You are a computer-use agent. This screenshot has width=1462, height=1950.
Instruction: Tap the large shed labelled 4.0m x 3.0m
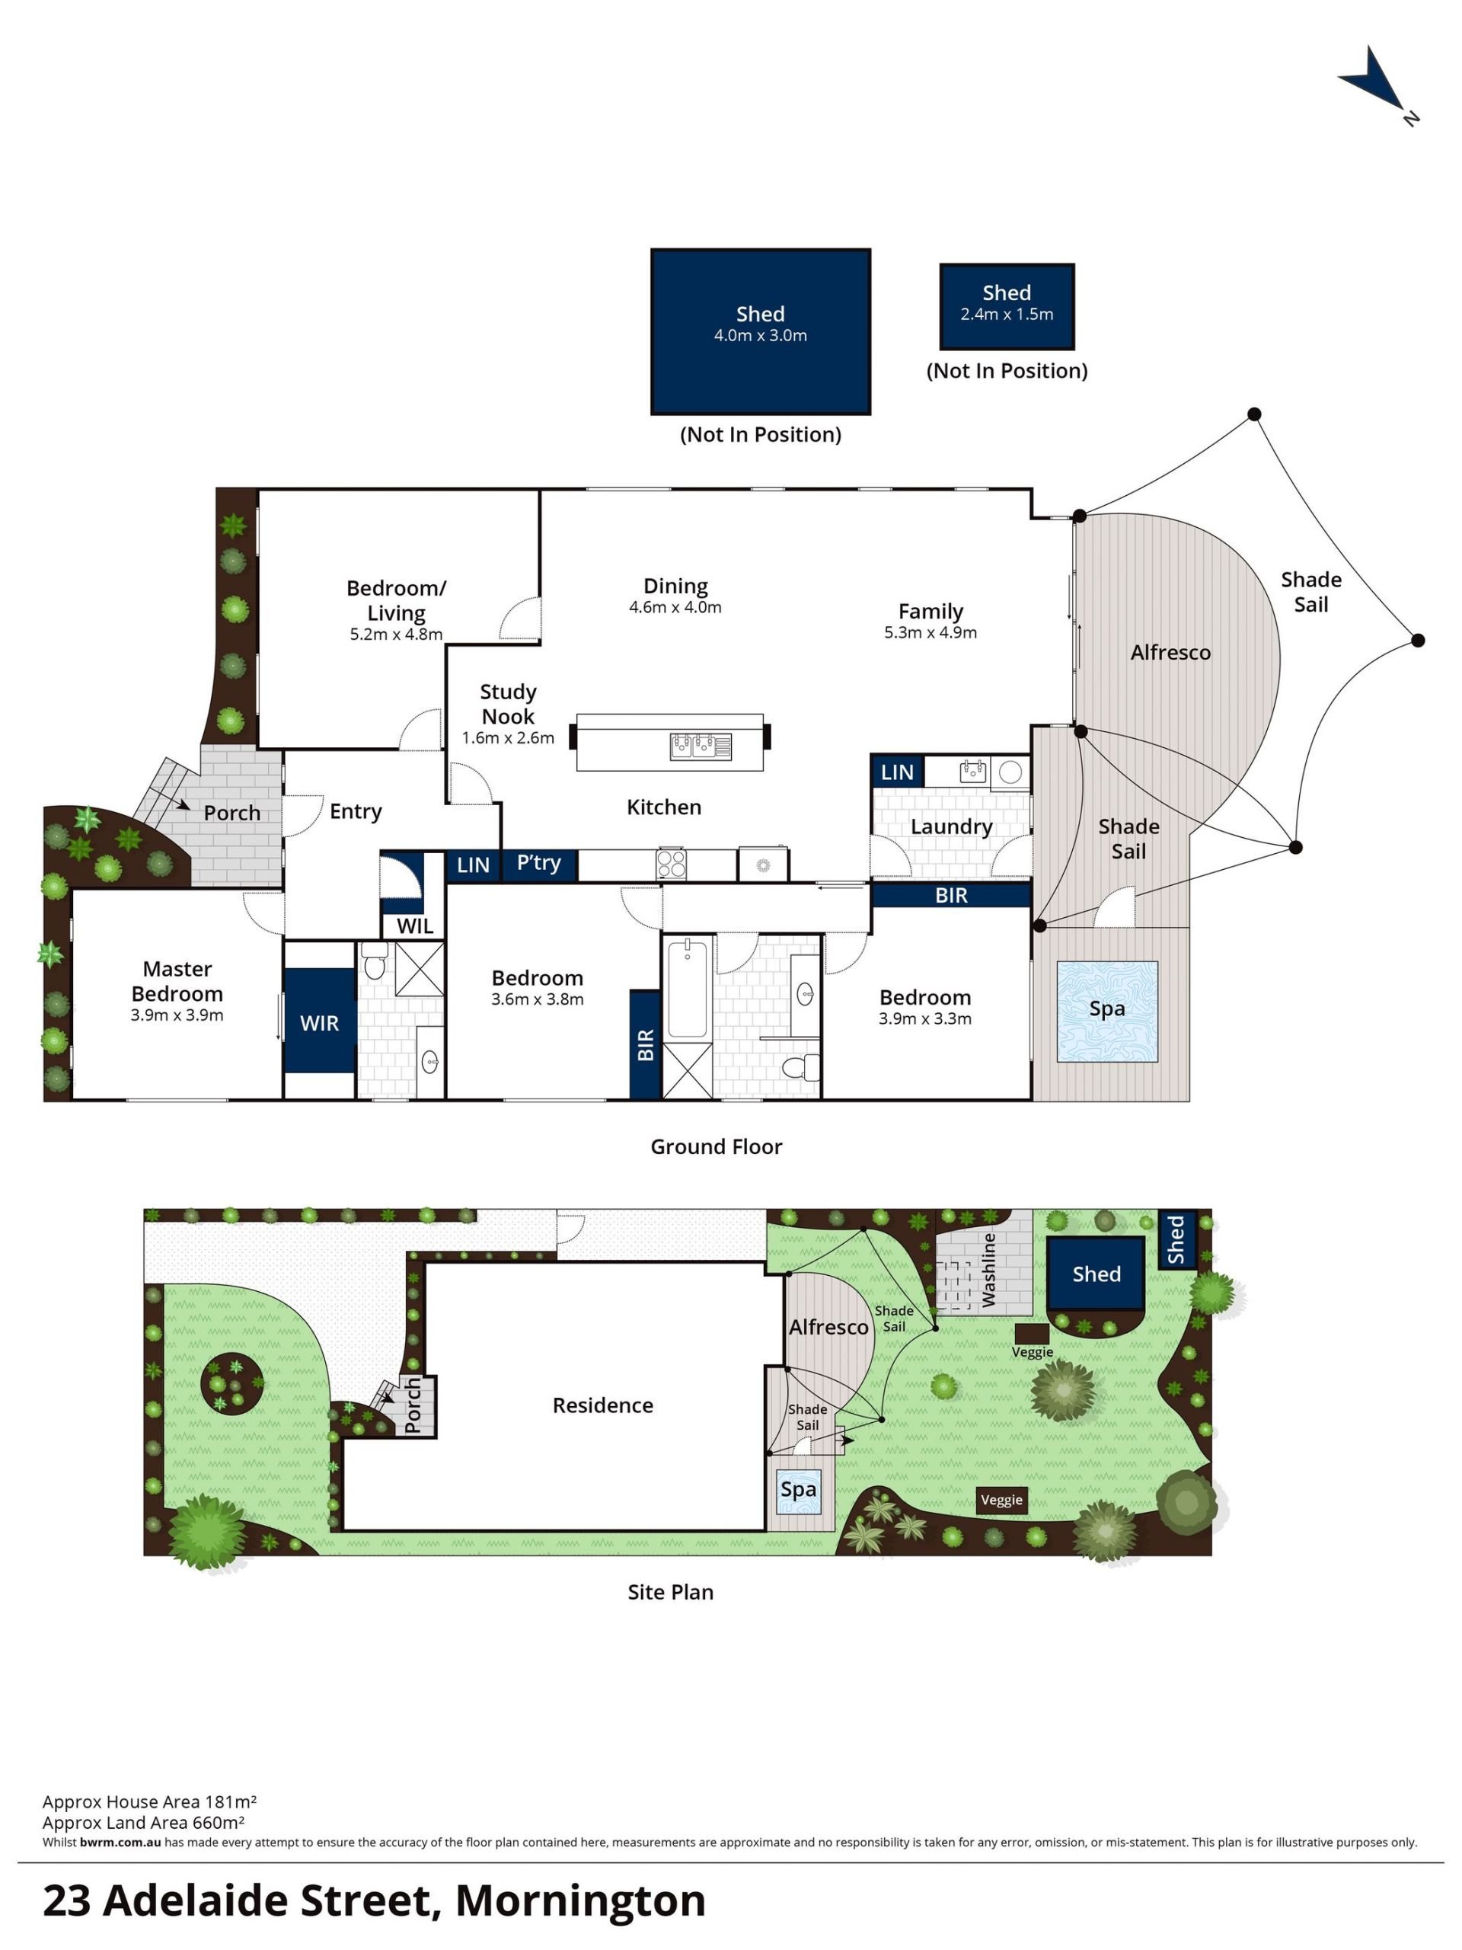761,331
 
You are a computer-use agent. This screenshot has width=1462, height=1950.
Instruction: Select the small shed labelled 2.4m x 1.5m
1007,306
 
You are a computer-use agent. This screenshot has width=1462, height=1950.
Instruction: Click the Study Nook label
508,705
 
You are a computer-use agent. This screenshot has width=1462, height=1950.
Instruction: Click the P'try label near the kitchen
538,863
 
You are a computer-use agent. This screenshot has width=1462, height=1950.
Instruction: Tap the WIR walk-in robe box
319,1021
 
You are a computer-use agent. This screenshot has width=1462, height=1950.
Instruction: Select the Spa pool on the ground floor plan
1107,1011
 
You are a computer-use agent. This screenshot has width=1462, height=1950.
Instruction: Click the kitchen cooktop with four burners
671,863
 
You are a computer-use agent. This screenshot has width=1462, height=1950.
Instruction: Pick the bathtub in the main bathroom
688,988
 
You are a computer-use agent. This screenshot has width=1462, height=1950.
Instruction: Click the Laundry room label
951,827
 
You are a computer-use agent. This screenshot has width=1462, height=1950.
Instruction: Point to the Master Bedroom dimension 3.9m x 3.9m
177,1015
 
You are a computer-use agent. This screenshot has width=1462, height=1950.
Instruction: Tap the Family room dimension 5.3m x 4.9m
931,632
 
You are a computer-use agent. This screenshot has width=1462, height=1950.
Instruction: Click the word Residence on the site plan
603,1405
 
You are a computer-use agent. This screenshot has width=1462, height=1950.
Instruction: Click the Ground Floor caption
717,1146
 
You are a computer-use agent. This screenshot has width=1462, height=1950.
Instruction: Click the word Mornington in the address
581,1900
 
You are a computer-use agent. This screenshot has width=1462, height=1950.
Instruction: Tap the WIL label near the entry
415,925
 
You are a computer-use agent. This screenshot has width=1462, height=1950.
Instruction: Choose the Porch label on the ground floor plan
231,813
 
